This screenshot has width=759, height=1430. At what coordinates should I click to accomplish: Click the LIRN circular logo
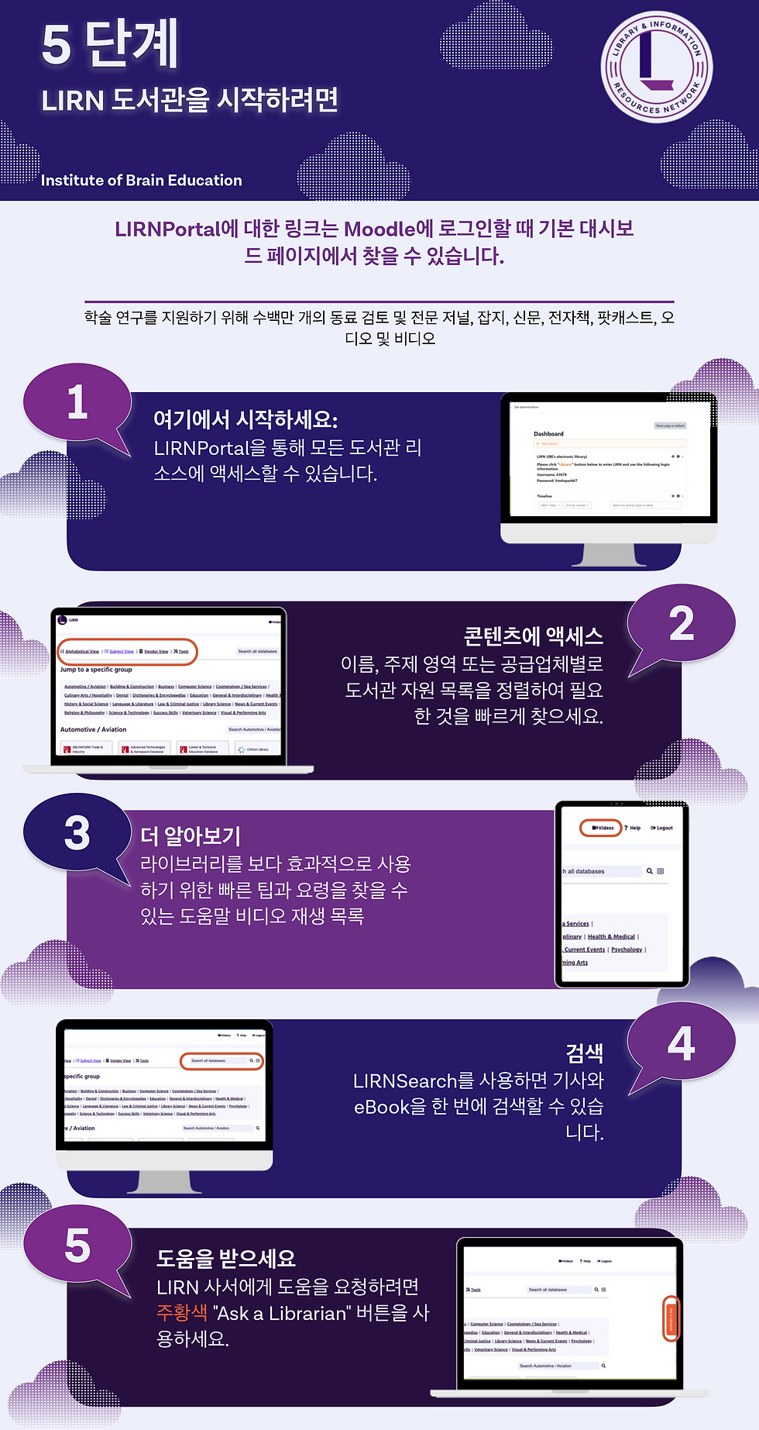[656, 67]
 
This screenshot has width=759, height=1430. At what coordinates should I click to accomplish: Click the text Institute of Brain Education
[141, 181]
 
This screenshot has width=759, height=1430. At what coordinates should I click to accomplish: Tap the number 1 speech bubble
[77, 404]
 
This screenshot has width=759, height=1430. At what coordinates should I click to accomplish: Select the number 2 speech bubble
[681, 625]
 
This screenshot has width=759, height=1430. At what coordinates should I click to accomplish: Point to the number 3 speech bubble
[77, 834]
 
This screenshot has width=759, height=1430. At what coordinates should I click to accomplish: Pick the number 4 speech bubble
[681, 1044]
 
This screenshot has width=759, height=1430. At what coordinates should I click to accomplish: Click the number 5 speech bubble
[77, 1246]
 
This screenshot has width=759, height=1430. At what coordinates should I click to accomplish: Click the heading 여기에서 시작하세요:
[246, 420]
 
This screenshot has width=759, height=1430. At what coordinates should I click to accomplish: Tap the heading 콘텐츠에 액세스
[533, 636]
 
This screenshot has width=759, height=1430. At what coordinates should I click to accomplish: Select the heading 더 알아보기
[191, 836]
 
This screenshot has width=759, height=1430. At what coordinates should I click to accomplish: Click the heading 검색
[584, 1053]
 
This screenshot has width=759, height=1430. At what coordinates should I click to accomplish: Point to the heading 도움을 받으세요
[226, 1258]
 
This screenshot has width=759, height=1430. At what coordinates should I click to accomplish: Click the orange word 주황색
[182, 1313]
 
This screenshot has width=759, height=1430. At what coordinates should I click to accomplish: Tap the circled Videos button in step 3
[602, 828]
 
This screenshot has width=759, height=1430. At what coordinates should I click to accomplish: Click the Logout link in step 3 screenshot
[662, 828]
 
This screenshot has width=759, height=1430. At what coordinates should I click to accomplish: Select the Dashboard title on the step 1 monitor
[548, 434]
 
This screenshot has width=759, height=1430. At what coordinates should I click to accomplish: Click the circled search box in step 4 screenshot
[222, 1060]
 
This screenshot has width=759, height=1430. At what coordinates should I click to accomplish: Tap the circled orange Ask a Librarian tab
[671, 1318]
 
